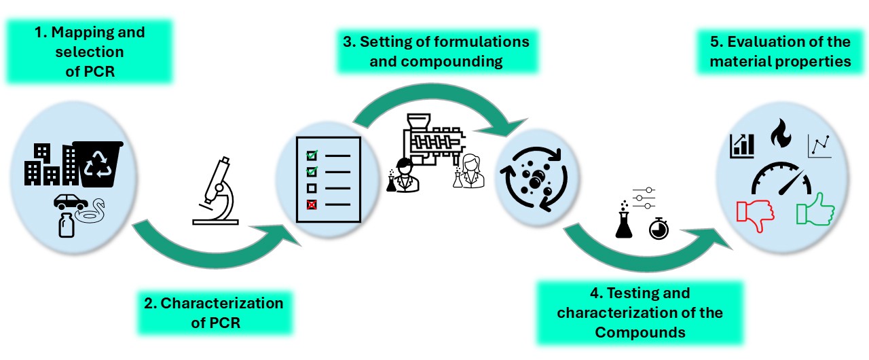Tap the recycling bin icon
coord(101,164)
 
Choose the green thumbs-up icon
coord(815,209)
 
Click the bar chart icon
coord(742,145)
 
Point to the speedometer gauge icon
coord(781,178)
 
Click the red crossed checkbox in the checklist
coord(312,204)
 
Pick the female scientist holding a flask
coord(469,172)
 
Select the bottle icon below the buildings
coord(67,223)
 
